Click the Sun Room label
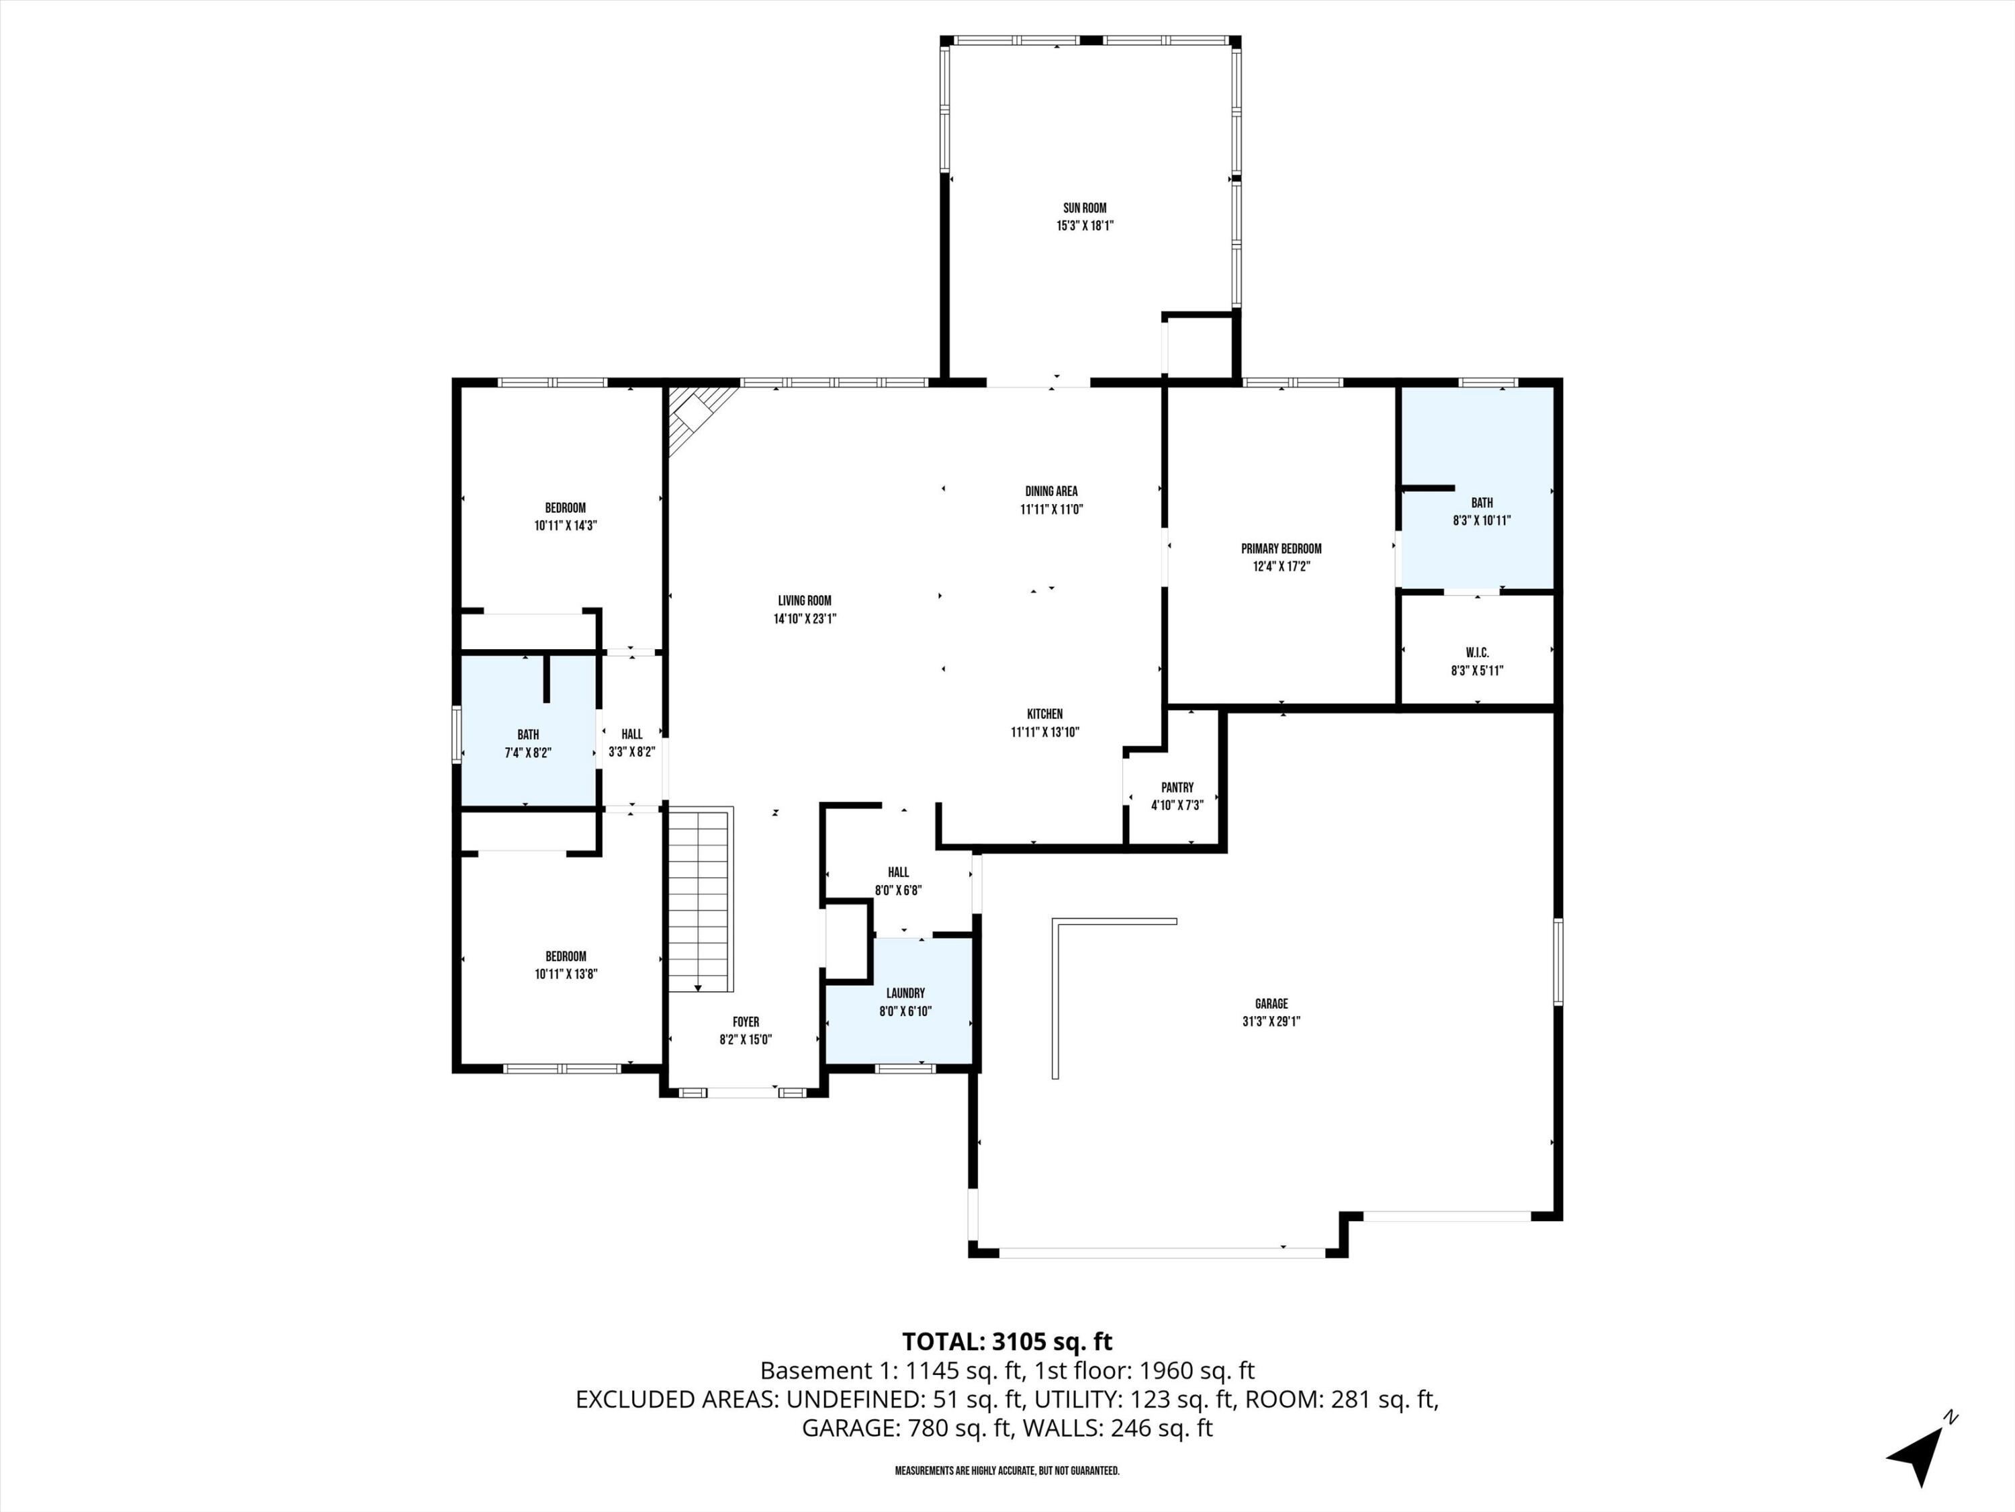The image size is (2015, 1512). click(1084, 208)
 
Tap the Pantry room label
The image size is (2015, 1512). click(1177, 788)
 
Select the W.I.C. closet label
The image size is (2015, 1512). click(1476, 653)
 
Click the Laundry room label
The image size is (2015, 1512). click(905, 993)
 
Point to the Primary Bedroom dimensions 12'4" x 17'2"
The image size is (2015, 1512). click(1281, 566)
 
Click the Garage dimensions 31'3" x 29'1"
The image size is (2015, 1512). click(1271, 1021)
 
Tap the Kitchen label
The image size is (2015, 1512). click(1045, 714)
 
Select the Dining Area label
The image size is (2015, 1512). click(1050, 491)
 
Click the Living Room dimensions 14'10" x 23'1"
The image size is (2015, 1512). click(805, 619)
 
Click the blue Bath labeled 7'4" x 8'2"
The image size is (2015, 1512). click(527, 734)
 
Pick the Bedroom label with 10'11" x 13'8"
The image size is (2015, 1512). click(565, 956)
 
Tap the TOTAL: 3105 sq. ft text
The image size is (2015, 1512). click(1007, 1341)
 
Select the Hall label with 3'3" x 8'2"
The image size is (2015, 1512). click(631, 734)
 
